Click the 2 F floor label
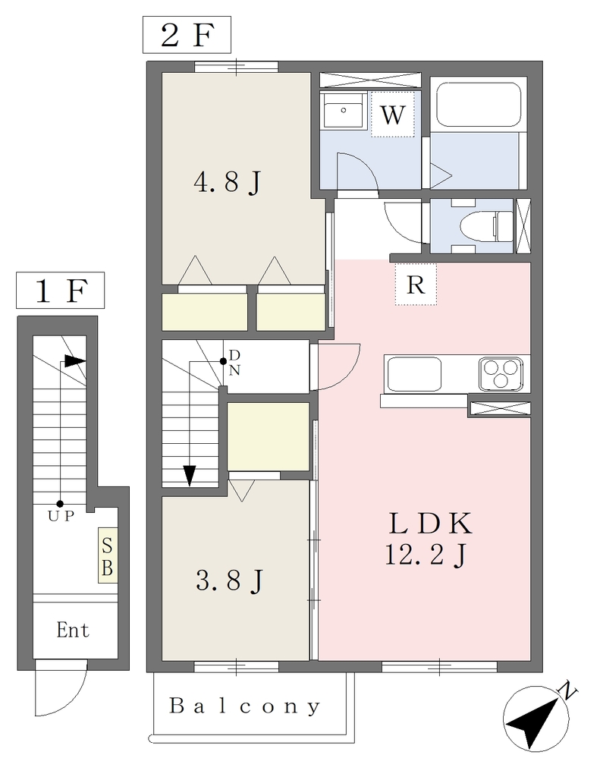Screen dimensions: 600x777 (187, 35)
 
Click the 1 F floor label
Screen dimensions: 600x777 (60, 291)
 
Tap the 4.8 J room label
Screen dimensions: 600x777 (227, 182)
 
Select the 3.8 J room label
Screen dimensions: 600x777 (229, 580)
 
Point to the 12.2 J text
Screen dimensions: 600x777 (425, 555)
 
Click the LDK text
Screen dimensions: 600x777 (430, 524)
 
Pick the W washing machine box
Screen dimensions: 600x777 (392, 115)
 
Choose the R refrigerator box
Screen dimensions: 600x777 (416, 285)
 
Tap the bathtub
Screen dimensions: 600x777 (478, 104)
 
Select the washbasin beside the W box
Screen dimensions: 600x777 (342, 111)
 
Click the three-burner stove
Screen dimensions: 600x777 (501, 373)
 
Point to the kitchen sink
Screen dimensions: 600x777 (414, 374)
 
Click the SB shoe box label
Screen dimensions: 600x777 (108, 555)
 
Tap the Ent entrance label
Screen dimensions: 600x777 (73, 631)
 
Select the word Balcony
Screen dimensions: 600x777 (245, 706)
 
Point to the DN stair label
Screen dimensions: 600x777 (234, 363)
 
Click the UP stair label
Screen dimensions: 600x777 (61, 516)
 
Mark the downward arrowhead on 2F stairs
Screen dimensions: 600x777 (189, 477)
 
